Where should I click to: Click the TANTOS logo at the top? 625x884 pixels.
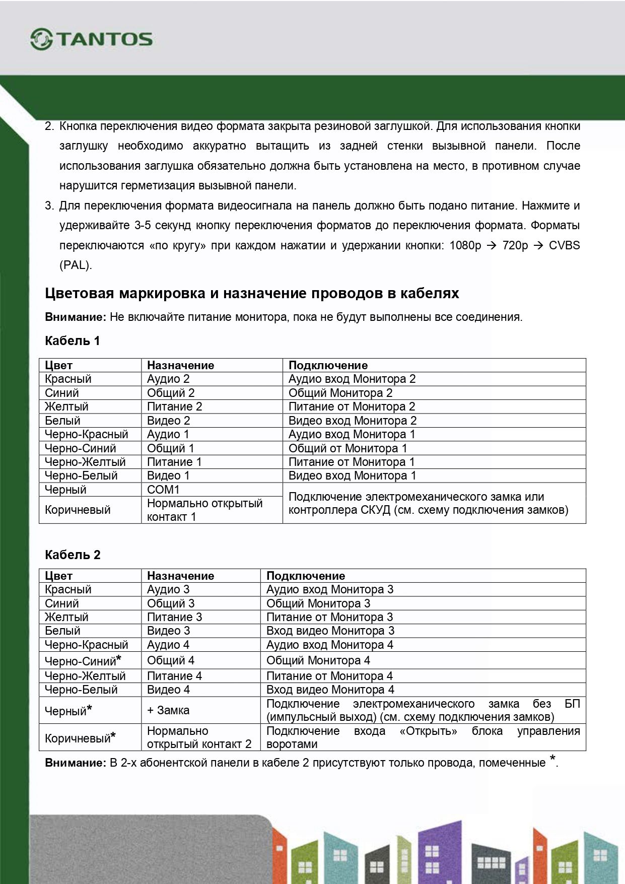(x=92, y=39)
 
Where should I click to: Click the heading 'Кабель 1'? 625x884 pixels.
(x=73, y=341)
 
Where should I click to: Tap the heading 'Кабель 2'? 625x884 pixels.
(x=73, y=555)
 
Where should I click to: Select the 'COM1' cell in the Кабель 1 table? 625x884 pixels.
(x=163, y=490)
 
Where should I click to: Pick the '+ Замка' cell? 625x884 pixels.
(x=168, y=710)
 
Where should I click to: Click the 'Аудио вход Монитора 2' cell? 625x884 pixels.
(x=352, y=379)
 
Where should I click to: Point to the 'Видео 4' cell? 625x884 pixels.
(x=168, y=690)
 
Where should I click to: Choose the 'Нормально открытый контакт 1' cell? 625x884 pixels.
(x=204, y=510)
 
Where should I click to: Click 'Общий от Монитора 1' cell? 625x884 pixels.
(x=348, y=448)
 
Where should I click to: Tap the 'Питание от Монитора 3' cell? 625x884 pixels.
(x=329, y=617)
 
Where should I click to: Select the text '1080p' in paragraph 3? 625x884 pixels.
(x=465, y=245)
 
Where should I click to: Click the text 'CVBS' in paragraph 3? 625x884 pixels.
(x=564, y=245)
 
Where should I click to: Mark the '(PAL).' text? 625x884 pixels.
(x=76, y=265)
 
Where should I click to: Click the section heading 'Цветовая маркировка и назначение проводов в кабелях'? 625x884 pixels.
(x=252, y=293)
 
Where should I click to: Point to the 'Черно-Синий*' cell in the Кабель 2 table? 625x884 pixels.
(x=83, y=660)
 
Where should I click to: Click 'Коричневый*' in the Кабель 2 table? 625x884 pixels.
(x=80, y=738)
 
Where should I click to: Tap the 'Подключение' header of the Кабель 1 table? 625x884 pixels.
(x=328, y=365)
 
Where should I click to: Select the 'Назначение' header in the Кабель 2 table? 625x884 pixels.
(x=180, y=576)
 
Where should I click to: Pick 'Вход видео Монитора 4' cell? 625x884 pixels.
(x=330, y=690)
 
